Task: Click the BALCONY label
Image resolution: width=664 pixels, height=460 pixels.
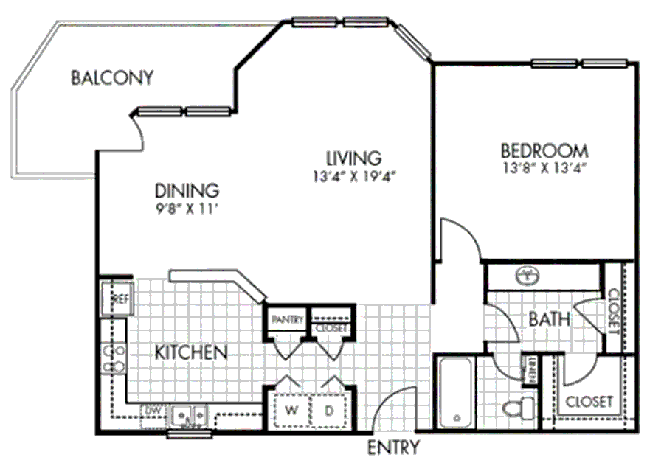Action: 112,77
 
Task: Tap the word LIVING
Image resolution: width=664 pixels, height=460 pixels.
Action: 354,158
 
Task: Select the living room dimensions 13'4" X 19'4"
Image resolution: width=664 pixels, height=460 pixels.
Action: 356,176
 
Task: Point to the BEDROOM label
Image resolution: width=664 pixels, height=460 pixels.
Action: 544,150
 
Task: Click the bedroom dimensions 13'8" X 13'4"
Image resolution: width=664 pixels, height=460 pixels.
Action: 546,167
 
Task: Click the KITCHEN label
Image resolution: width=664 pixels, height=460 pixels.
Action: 190,352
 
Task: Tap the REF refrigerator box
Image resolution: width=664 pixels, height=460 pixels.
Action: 118,299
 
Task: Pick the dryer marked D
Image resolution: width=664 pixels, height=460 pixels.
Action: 328,408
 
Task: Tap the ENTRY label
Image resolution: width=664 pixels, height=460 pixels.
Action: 394,447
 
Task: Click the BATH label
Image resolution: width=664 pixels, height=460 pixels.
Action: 549,320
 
